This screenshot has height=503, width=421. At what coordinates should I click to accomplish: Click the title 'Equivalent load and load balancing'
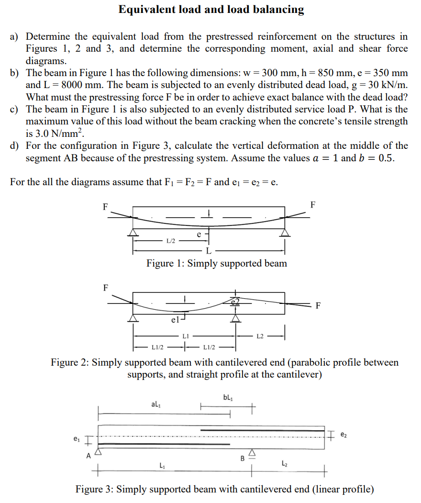pos(211,10)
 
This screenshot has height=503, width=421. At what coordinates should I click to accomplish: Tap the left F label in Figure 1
pos(105,207)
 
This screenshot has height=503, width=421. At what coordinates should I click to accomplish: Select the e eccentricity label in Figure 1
pos(199,234)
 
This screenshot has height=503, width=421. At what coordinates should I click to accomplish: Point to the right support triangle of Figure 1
pos(285,232)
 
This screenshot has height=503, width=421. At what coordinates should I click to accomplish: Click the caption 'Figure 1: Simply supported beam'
pos(217,264)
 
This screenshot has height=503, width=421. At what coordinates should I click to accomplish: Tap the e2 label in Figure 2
pos(234,301)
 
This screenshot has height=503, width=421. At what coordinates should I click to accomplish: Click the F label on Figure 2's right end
pos(318,306)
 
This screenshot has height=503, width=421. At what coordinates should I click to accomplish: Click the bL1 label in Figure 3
pos(228,397)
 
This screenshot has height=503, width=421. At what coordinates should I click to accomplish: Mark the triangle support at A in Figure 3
pos(99,451)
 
